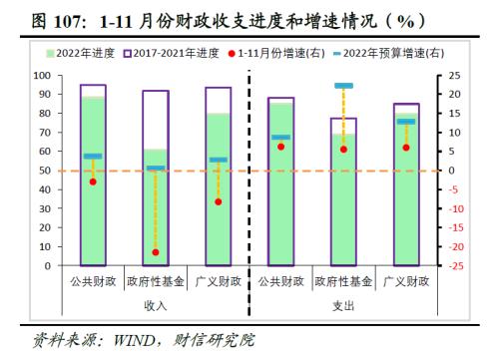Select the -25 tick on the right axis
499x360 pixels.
pyautogui.click(x=454, y=266)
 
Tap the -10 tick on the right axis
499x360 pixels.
pyautogui.click(x=454, y=209)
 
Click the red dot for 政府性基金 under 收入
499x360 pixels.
pyautogui.click(x=156, y=252)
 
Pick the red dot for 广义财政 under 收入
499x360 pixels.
pyautogui.click(x=218, y=201)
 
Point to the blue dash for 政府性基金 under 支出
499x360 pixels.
pyautogui.click(x=343, y=86)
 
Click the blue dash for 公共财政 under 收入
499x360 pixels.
pyautogui.click(x=93, y=156)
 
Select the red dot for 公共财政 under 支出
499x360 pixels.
pyautogui.click(x=281, y=147)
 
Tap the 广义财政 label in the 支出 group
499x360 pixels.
pyautogui.click(x=405, y=282)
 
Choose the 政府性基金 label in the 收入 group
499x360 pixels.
pyautogui.click(x=156, y=282)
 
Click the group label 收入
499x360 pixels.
pyautogui.click(x=156, y=305)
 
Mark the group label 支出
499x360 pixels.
pyautogui.click(x=343, y=305)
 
